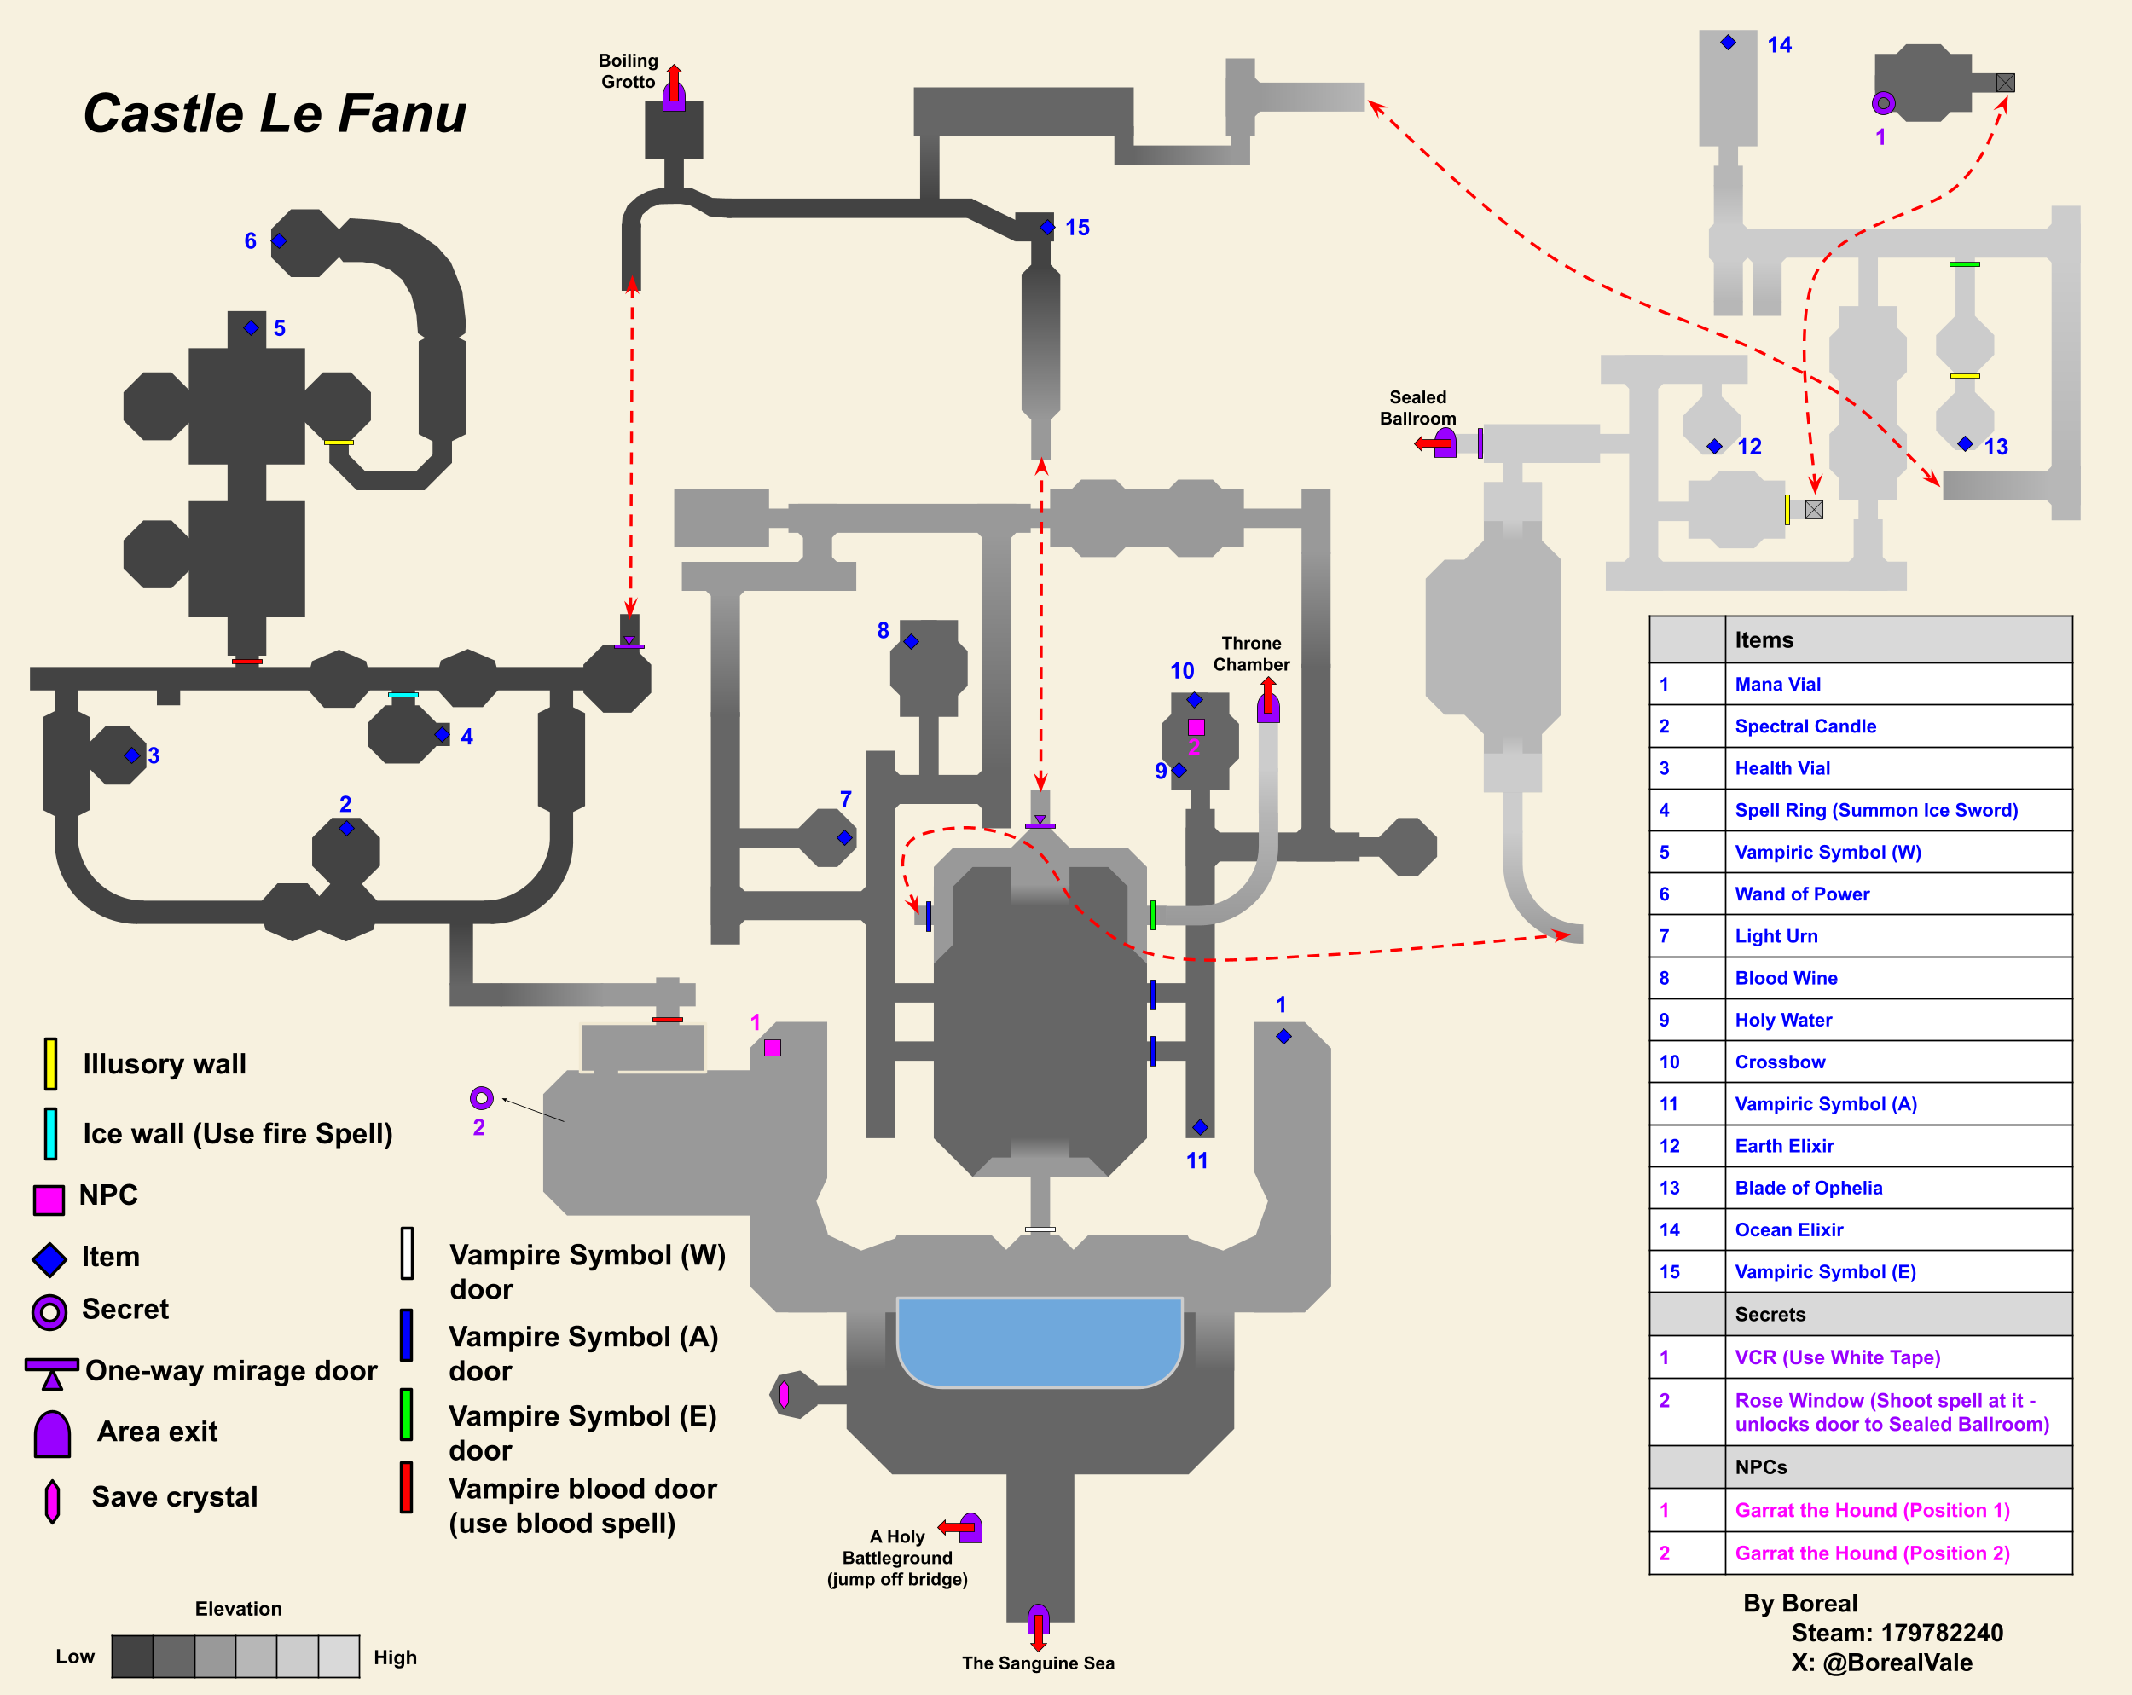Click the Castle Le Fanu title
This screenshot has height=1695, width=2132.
click(x=274, y=113)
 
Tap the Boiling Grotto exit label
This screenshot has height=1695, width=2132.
click(x=628, y=72)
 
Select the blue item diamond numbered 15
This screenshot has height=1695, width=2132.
click(x=1047, y=228)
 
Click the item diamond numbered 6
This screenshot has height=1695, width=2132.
click(x=279, y=240)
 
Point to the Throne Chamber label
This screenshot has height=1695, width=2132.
click(x=1251, y=654)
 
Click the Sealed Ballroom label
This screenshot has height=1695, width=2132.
click(x=1417, y=408)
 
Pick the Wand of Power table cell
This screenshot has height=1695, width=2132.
click(x=1802, y=894)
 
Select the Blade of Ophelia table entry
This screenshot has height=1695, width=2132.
click(x=1808, y=1188)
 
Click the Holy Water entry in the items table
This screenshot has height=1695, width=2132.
click(x=1783, y=1020)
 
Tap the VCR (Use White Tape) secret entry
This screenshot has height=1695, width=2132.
click(x=1837, y=1357)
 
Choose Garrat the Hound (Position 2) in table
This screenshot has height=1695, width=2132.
click(x=1872, y=1553)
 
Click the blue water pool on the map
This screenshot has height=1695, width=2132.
click(x=1040, y=1340)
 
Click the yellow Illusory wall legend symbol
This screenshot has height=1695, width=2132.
click(x=50, y=1063)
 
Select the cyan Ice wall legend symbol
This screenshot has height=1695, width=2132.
click(x=50, y=1133)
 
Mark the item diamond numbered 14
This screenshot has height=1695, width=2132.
click(x=1728, y=43)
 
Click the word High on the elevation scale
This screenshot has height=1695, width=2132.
click(x=395, y=1657)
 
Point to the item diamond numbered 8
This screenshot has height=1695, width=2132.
click(x=911, y=642)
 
